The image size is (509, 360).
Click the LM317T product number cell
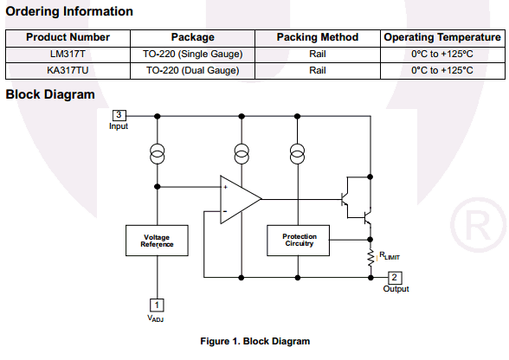tap(68, 54)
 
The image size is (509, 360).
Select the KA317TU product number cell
tap(68, 70)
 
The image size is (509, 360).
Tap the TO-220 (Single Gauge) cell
tap(192, 54)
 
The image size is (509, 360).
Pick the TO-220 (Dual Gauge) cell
tap(192, 70)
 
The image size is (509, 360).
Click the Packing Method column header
tap(318, 37)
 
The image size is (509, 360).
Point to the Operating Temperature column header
tap(442, 37)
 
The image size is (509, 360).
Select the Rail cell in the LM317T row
tap(318, 54)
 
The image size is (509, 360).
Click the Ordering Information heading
tap(69, 11)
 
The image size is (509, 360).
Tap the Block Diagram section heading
tap(50, 94)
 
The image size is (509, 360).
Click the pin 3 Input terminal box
tap(119, 115)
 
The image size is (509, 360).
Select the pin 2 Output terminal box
tap(395, 278)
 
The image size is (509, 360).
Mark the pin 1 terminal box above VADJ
tap(157, 305)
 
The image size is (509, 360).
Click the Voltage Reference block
tap(157, 241)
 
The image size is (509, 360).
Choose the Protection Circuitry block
tap(298, 241)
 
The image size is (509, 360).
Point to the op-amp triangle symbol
tap(241, 200)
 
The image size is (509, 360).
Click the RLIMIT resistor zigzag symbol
tap(370, 258)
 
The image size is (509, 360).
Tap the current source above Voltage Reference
tap(158, 154)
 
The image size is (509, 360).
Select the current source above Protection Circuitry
tap(298, 154)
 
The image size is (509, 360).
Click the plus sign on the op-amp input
tap(226, 187)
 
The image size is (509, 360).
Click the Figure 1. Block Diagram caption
tap(255, 342)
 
